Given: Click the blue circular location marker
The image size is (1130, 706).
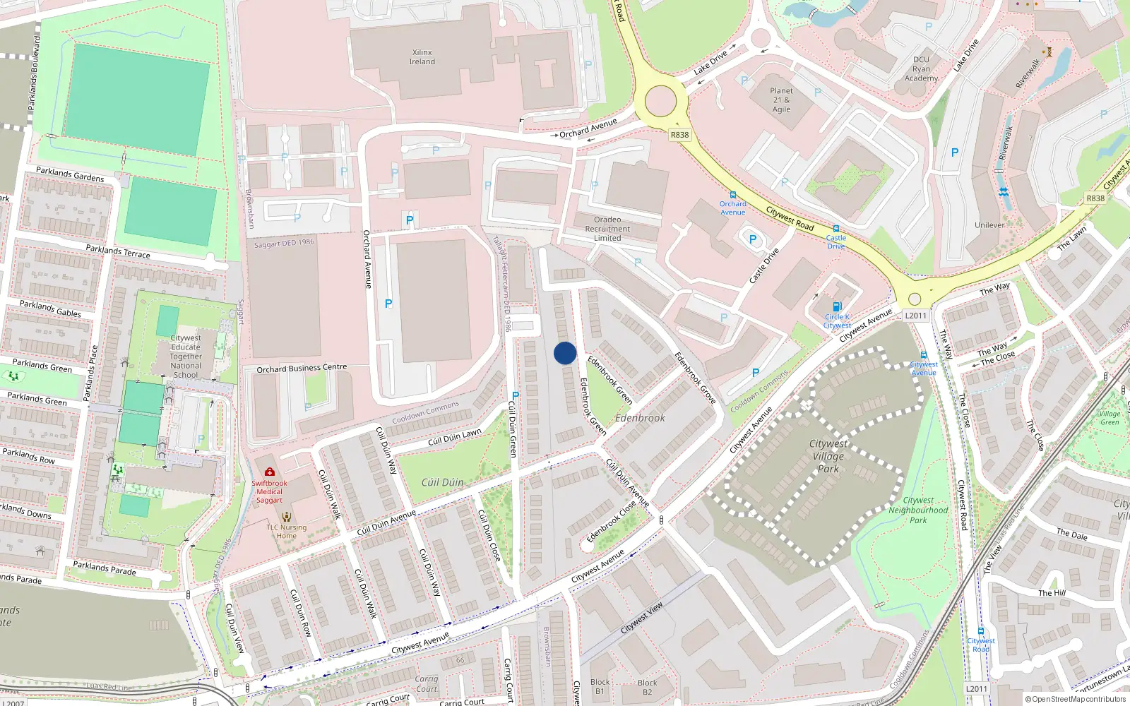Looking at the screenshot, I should click(x=565, y=353).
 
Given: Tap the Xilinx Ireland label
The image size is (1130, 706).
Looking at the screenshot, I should click(x=422, y=57).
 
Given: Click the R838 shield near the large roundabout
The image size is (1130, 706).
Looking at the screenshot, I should click(x=679, y=135).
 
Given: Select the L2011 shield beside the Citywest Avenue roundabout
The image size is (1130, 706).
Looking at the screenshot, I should click(x=915, y=316).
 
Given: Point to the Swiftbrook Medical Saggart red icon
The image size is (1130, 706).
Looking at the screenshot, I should click(x=269, y=472).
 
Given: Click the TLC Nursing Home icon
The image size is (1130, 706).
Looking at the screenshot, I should click(x=286, y=517).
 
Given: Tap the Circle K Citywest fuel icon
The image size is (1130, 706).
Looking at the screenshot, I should click(x=837, y=306).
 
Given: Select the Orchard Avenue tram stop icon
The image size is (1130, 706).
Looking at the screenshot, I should click(x=733, y=195).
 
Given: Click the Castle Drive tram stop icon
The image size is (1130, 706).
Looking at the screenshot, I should click(x=836, y=229).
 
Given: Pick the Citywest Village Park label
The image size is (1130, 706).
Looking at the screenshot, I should click(x=828, y=456).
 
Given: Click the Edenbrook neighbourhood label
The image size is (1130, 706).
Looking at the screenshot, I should click(x=640, y=418).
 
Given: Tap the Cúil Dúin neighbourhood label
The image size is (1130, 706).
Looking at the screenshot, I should click(x=443, y=482).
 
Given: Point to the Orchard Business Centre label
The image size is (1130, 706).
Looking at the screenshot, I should click(x=302, y=368).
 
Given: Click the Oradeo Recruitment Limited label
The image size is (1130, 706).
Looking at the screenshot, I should click(x=607, y=229).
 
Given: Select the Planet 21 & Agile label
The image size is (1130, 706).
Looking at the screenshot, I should click(x=781, y=100).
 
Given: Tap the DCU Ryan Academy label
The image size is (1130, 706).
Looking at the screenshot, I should click(x=921, y=68).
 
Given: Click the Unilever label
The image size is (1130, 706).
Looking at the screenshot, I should click(x=989, y=225).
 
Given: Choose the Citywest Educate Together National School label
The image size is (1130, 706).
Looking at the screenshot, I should click(x=186, y=357).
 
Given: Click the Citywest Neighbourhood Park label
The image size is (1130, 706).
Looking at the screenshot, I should click(x=918, y=510).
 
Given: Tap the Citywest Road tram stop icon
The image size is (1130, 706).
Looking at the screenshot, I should click(x=980, y=631).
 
